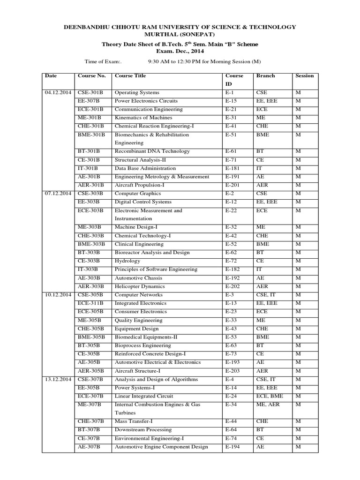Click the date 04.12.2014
[x=56, y=92]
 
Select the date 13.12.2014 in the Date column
[x=56, y=379]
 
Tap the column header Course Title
[x=130, y=75]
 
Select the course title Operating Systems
[x=137, y=92]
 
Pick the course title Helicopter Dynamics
[x=140, y=286]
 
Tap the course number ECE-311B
[x=91, y=303]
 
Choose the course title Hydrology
[x=127, y=261]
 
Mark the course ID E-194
[x=232, y=447]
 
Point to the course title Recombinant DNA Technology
[x=152, y=151]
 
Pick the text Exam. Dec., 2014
[x=180, y=52]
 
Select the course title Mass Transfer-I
[x=134, y=421]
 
